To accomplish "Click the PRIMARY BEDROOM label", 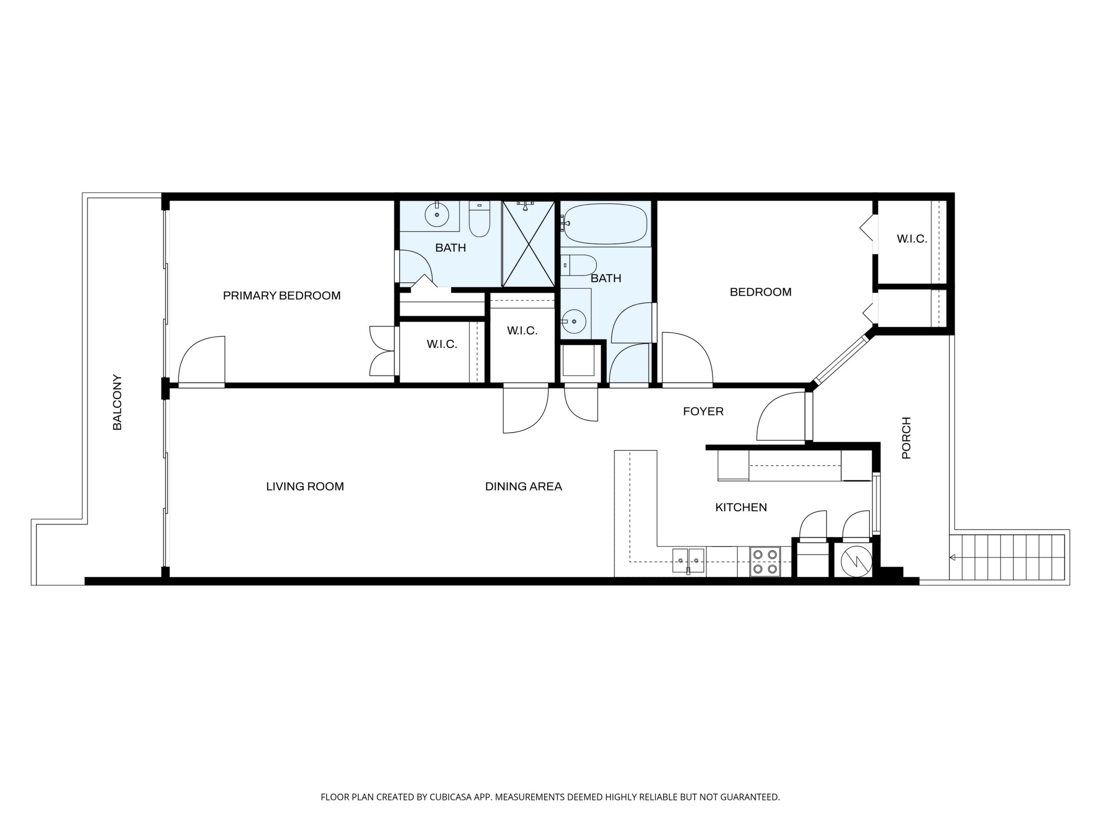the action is click(282, 296).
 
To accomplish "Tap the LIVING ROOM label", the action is click(305, 487).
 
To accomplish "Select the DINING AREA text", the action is click(524, 487).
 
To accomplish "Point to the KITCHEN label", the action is click(741, 507).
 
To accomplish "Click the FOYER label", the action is click(703, 411).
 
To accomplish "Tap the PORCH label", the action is click(906, 438).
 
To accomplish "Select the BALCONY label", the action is click(117, 402).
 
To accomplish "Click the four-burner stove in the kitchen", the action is click(765, 561).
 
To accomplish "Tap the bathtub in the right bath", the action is click(606, 224).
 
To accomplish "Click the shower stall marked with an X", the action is click(528, 244).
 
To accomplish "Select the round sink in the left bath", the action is click(437, 215).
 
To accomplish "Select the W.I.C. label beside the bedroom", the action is click(912, 239).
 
